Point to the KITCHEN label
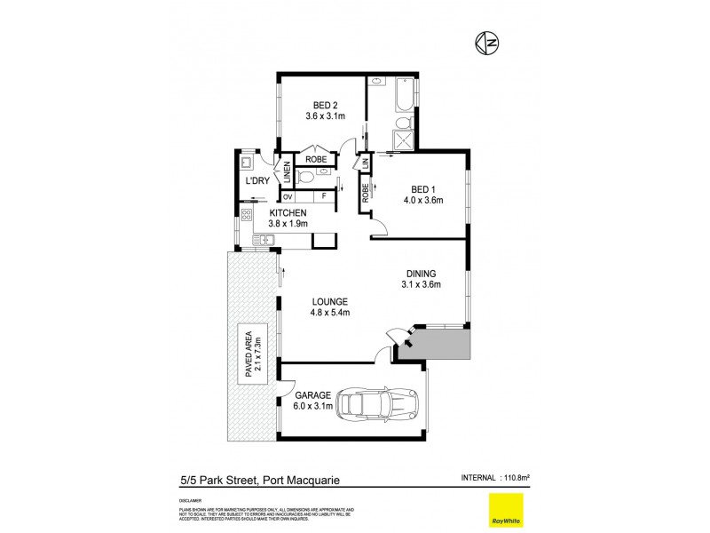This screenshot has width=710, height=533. [x=288, y=212]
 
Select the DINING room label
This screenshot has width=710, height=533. [x=421, y=273]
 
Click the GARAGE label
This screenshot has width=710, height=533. [x=314, y=395]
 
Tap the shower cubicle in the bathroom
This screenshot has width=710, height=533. [x=404, y=139]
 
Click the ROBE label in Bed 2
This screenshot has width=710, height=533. [x=316, y=160]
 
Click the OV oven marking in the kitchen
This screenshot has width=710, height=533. [x=288, y=195]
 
